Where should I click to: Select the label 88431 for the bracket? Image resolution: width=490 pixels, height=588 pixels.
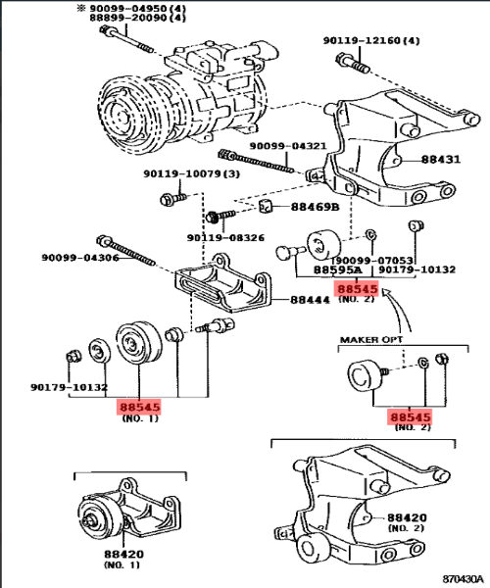[x=441, y=160]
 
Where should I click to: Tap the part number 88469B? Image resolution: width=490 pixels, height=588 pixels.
[x=315, y=207]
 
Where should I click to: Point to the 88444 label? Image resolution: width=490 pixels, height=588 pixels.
[x=310, y=300]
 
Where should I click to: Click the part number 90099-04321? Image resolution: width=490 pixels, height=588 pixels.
[x=288, y=146]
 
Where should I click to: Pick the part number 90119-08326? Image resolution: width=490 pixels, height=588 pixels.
[x=225, y=238]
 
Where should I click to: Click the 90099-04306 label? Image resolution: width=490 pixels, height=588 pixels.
[x=80, y=258]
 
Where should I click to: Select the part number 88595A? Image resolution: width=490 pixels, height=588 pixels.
[x=338, y=269]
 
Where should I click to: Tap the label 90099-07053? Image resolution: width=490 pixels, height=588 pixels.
[x=374, y=261]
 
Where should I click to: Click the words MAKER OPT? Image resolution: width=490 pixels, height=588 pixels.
[x=371, y=340]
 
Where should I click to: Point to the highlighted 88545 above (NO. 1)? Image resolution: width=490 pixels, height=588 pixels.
[x=140, y=407]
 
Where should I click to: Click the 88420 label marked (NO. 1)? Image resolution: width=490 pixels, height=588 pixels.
[x=123, y=554]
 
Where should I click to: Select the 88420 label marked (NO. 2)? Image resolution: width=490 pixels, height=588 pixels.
[x=407, y=517]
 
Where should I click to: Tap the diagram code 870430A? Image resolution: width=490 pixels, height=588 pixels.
[x=463, y=578]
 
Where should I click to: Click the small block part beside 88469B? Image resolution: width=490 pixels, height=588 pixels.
[x=266, y=206]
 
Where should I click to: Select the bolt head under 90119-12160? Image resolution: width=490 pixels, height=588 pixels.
[x=343, y=59]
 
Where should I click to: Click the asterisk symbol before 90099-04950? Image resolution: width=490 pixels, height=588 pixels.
[x=81, y=8]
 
